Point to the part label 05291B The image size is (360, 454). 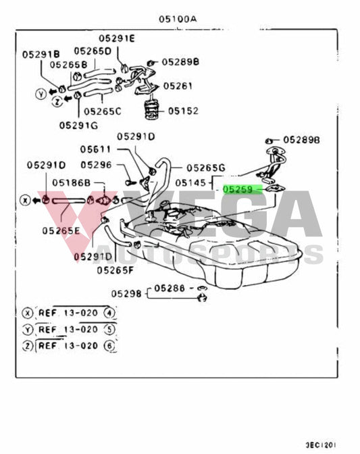[x=41, y=53]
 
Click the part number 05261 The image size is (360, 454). [x=178, y=86]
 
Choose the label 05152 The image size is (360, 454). [x=183, y=111]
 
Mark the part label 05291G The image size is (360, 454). [x=78, y=125]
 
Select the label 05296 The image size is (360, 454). [x=95, y=164]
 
